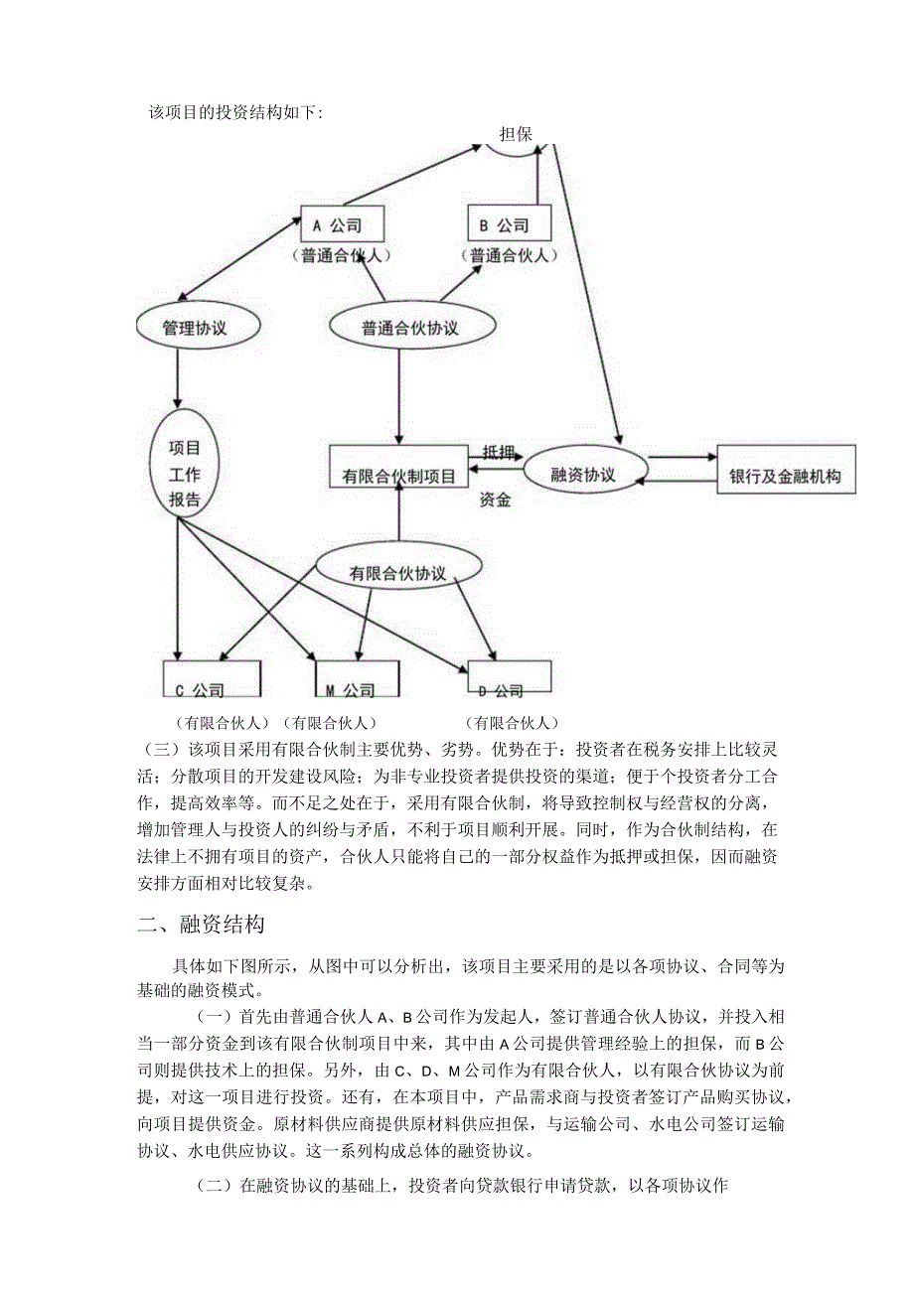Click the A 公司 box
pos(342,225)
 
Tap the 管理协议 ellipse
pos(195,327)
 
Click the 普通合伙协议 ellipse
pos(409,327)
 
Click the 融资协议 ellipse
pos(583,474)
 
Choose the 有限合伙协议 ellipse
pos(398,572)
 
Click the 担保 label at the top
pos(516,134)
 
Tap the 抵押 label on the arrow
pos(498,452)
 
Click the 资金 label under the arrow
pos(494,501)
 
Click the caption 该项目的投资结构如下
pos(235,112)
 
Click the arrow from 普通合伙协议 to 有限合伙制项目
pos(398,397)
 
